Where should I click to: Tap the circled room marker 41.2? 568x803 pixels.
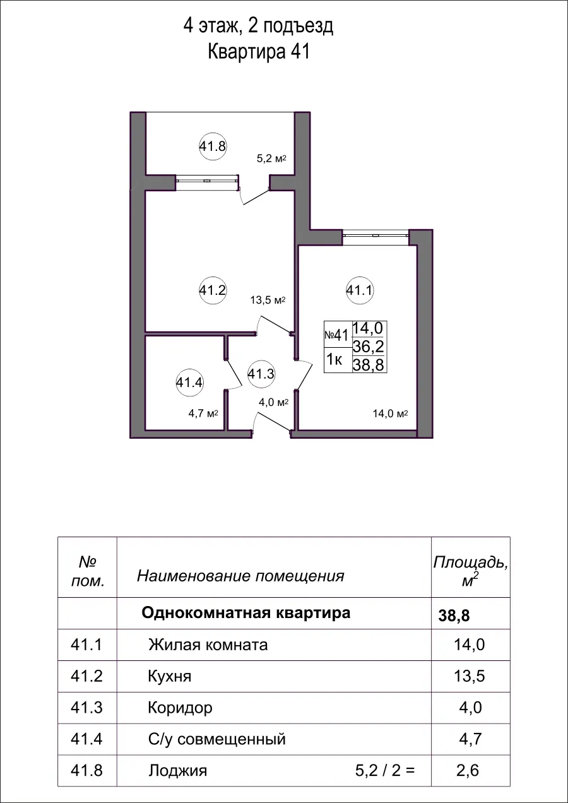coord(213,290)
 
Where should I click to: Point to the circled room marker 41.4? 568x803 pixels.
coord(189,382)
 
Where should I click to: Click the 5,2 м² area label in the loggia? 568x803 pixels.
coord(271,159)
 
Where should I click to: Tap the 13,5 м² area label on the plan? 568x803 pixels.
coord(269,300)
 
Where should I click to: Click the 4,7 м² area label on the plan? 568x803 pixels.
coord(203,414)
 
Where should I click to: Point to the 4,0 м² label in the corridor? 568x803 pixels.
coord(273,401)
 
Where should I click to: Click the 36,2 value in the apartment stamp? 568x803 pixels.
coord(369,346)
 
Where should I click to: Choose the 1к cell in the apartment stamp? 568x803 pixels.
coord(334,360)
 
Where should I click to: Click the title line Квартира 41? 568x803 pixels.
coord(258,52)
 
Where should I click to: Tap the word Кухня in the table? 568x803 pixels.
coord(169,677)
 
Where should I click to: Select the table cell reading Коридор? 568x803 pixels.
coord(180,708)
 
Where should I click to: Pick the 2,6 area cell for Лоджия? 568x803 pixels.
coord(470,771)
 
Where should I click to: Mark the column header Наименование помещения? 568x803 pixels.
coord(240,576)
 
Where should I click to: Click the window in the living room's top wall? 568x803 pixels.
coord(376,235)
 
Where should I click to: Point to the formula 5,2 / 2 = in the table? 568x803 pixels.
coord(385,771)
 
